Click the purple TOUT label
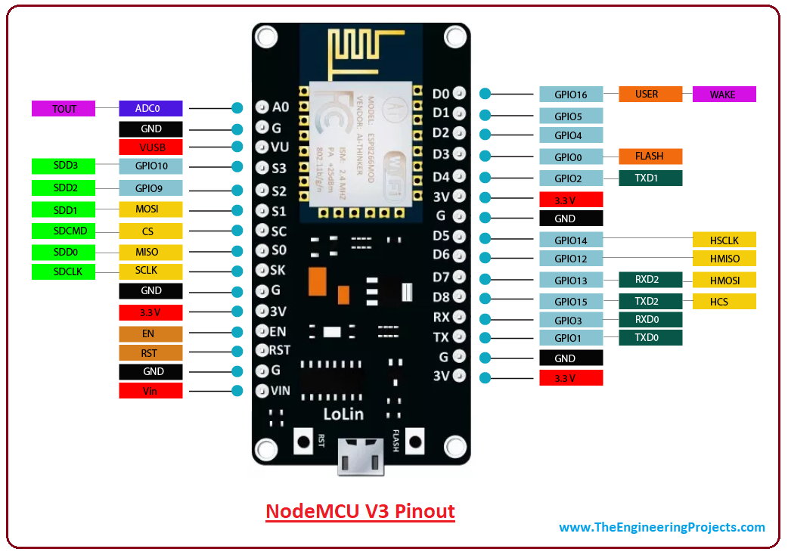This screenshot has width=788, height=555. [x=64, y=109]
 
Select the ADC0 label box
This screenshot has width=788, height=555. [x=150, y=109]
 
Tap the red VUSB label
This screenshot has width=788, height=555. [x=150, y=147]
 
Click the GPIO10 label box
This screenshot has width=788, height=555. [x=150, y=166]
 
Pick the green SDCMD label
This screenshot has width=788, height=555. [x=64, y=230]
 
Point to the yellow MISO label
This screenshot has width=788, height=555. [x=150, y=252]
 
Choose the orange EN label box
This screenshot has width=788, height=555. [x=150, y=333]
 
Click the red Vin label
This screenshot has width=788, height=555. [x=150, y=391]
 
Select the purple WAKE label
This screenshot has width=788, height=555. [x=724, y=95]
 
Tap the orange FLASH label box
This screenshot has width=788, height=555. [x=650, y=157]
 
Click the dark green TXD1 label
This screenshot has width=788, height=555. [x=650, y=178]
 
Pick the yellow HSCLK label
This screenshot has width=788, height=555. [x=724, y=240]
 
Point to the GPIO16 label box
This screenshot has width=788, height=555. [x=571, y=95]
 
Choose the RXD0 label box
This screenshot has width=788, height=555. [x=650, y=320]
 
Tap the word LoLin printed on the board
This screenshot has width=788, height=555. [x=343, y=414]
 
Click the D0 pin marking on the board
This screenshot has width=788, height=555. [x=442, y=95]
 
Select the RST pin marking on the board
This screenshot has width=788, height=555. [x=280, y=350]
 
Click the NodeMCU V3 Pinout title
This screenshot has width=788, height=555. [x=360, y=511]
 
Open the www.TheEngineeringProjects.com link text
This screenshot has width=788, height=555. [x=662, y=528]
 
